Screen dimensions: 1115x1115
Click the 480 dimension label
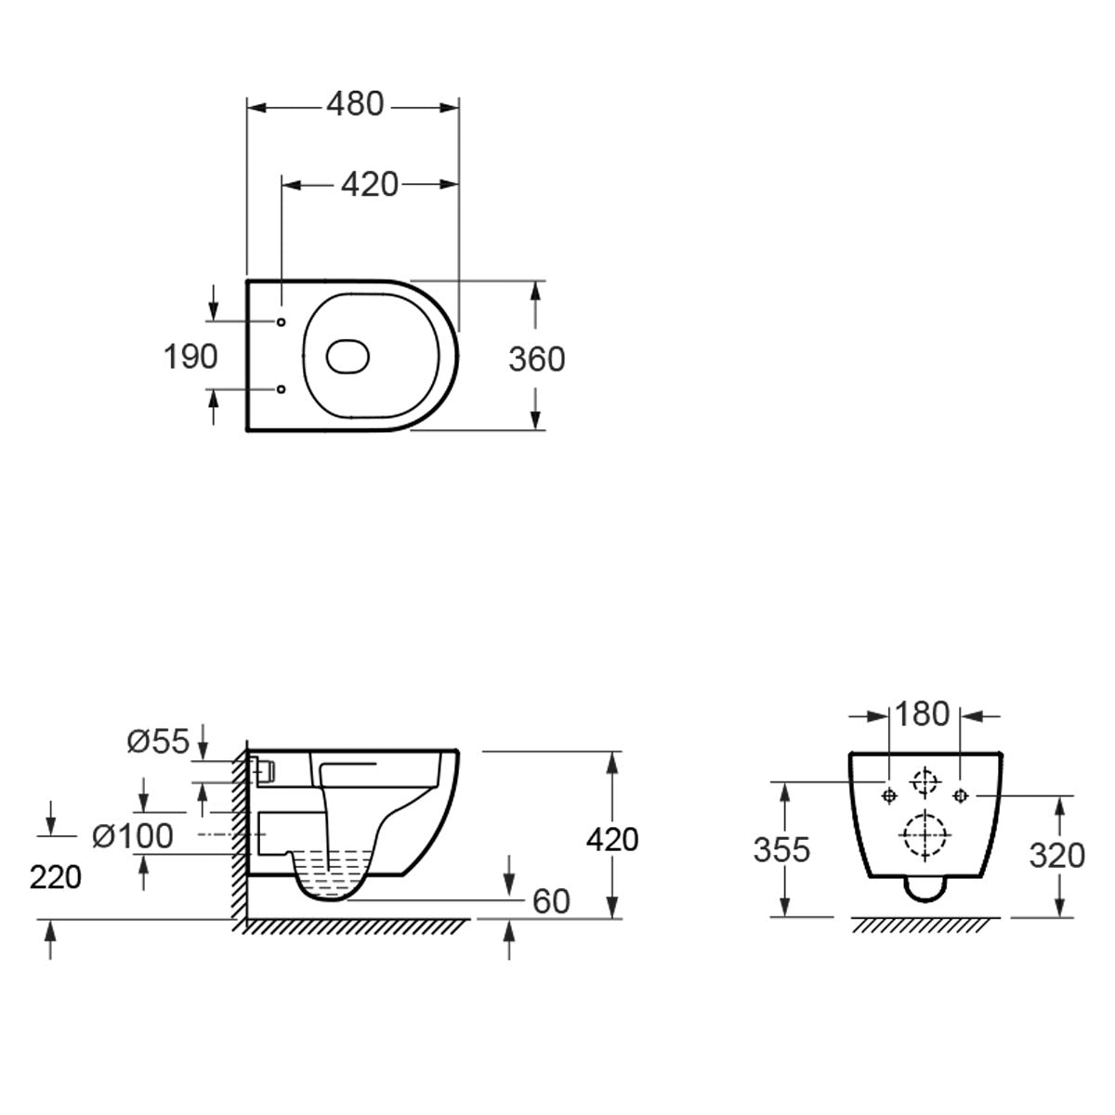pyautogui.click(x=355, y=105)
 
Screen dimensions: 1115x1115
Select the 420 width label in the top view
pyautogui.click(x=370, y=185)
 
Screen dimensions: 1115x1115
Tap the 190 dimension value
pyautogui.click(x=190, y=357)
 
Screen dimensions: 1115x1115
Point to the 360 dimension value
pyautogui.click(x=536, y=360)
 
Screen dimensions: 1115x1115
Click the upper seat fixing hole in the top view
pyautogui.click(x=282, y=322)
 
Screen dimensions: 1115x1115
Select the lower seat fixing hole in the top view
pyautogui.click(x=282, y=389)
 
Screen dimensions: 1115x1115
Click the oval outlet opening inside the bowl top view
pyautogui.click(x=348, y=356)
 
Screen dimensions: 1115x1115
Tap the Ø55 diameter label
pyautogui.click(x=158, y=741)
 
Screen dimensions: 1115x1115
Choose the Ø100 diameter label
pyautogui.click(x=133, y=836)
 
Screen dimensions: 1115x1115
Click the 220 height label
pyautogui.click(x=56, y=878)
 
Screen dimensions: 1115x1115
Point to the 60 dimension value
pyautogui.click(x=551, y=901)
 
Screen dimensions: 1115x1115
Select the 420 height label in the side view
pyautogui.click(x=612, y=840)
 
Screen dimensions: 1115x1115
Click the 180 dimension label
pyautogui.click(x=923, y=715)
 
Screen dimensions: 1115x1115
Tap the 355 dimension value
pyautogui.click(x=781, y=850)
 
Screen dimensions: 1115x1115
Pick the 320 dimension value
pyautogui.click(x=1056, y=856)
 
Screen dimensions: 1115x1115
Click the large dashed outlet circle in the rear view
pyautogui.click(x=925, y=835)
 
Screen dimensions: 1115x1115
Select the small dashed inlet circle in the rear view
pyautogui.click(x=925, y=782)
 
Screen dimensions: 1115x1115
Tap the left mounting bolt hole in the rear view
pyautogui.click(x=889, y=796)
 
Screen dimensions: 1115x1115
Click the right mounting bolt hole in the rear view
pyautogui.click(x=961, y=796)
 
